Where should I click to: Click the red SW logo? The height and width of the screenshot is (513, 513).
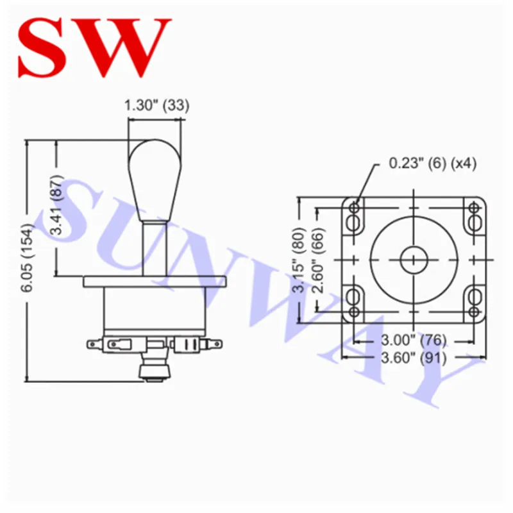pyautogui.click(x=95, y=47)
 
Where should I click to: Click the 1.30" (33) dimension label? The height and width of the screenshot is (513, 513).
pyautogui.click(x=156, y=105)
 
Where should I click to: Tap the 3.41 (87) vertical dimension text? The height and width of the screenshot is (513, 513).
pyautogui.click(x=56, y=205)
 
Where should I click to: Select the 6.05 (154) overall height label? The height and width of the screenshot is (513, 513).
pyautogui.click(x=27, y=258)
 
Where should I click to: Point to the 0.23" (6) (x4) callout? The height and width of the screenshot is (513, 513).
pyautogui.click(x=432, y=163)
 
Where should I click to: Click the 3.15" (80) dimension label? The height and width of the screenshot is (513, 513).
pyautogui.click(x=299, y=260)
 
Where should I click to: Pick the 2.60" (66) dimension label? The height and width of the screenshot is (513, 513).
pyautogui.click(x=318, y=260)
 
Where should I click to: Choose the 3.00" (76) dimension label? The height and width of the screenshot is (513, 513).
pyautogui.click(x=414, y=341)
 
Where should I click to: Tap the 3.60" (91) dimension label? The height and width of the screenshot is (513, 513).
pyautogui.click(x=414, y=358)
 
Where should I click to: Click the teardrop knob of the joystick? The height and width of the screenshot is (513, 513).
pyautogui.click(x=155, y=181)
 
